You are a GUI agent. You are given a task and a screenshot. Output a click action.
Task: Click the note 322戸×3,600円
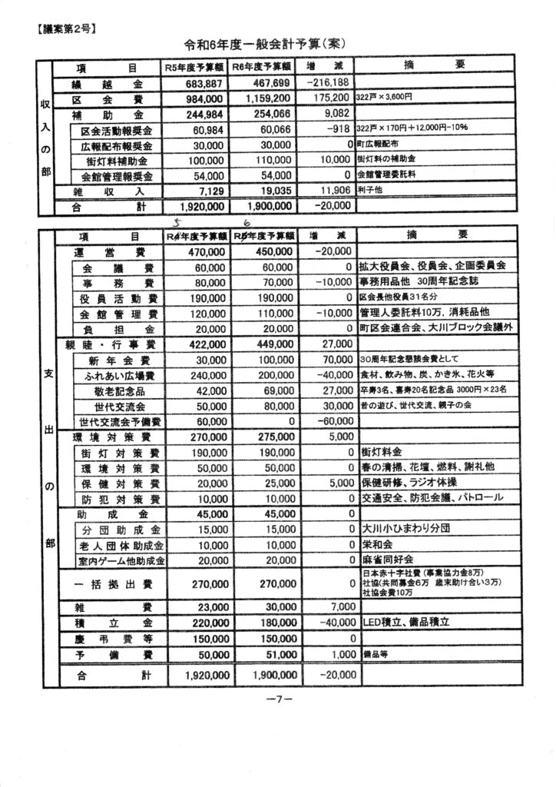coord(385,99)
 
